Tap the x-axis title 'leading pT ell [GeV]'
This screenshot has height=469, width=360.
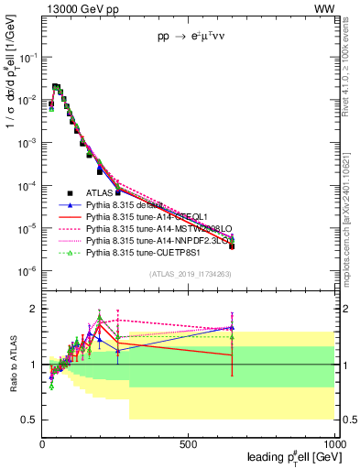point(289,457)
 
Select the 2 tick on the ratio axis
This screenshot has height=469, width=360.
point(33,308)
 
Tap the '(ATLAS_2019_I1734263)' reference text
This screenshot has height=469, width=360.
point(188,275)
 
